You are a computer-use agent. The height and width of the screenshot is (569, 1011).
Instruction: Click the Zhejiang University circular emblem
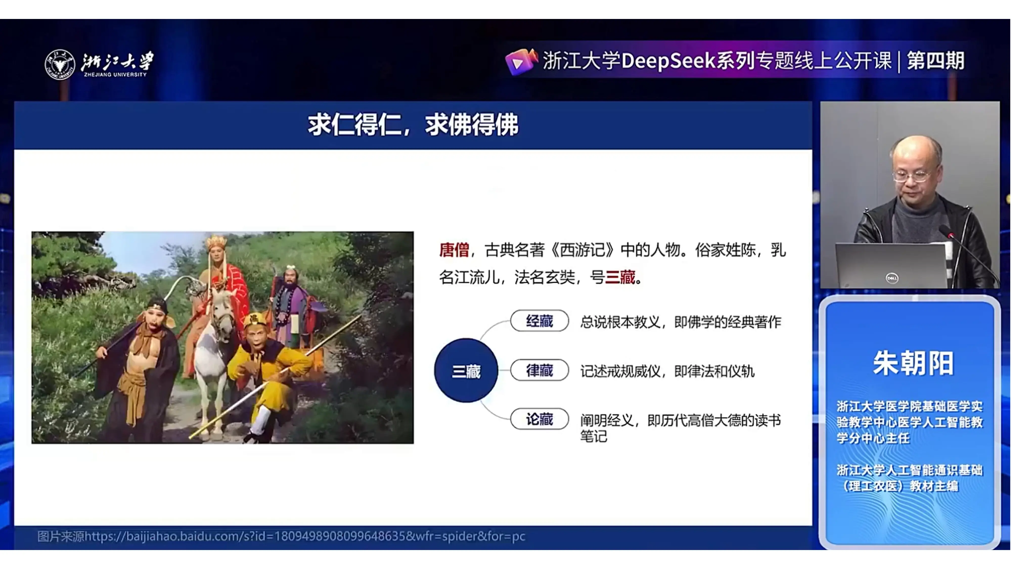point(60,64)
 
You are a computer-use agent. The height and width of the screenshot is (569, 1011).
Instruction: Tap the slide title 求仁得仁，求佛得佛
point(413,125)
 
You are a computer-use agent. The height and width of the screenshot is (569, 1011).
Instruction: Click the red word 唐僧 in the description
point(454,250)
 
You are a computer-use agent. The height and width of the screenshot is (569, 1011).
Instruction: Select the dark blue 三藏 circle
point(466,371)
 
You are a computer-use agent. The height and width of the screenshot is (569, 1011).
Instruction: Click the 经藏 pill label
point(539,321)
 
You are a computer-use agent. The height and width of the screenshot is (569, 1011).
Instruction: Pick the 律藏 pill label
point(539,370)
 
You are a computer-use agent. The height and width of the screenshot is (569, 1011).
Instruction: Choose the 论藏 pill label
point(539,419)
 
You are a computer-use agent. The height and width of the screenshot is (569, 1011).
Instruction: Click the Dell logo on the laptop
point(892,278)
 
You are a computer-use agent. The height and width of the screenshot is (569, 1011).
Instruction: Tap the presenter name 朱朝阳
point(913,363)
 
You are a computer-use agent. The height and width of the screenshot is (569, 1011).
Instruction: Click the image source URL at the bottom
point(281,536)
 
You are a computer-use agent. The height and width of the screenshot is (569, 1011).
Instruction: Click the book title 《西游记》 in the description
point(582,250)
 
